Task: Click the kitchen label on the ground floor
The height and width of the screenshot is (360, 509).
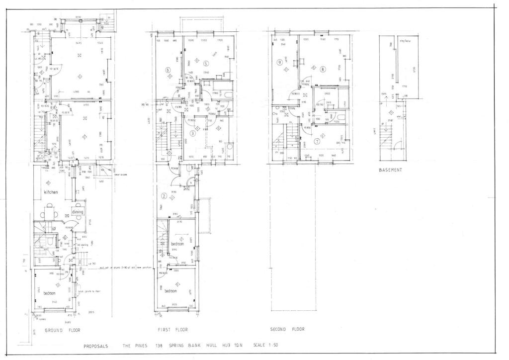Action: click(x=51, y=192)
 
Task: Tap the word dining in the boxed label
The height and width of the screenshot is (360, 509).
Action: click(x=78, y=212)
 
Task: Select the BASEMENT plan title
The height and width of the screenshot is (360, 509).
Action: click(x=391, y=170)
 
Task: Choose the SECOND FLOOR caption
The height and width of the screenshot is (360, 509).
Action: click(x=287, y=329)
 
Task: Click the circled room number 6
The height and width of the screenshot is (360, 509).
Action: click(x=168, y=70)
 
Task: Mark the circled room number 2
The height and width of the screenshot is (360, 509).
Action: click(x=164, y=195)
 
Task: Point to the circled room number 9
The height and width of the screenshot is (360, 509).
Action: click(x=280, y=62)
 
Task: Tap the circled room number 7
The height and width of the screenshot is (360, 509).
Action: click(x=317, y=141)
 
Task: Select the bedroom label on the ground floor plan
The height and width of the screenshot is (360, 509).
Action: click(x=50, y=293)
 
